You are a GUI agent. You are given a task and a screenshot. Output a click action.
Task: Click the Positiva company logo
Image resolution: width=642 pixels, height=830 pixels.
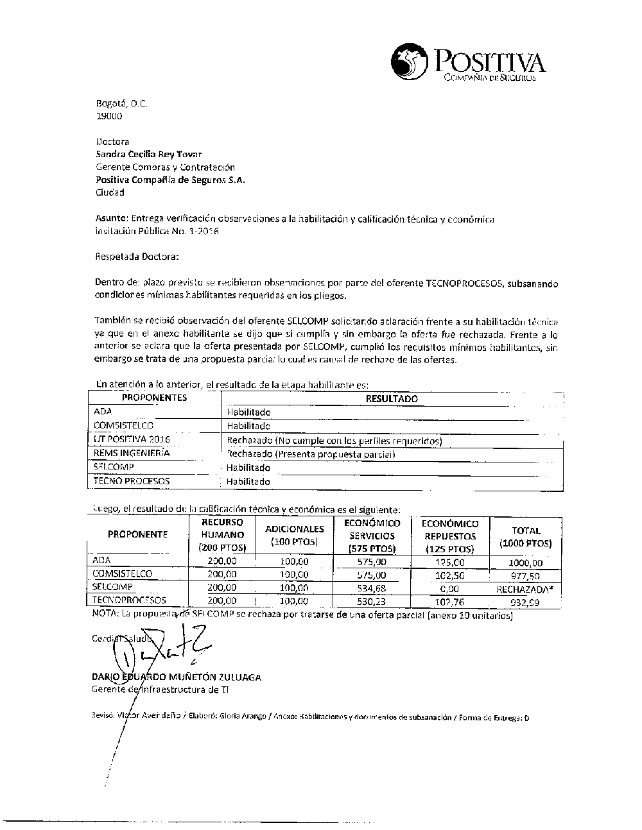coord(468,63)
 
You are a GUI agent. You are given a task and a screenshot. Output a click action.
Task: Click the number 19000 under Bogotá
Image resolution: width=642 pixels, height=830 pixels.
coord(108,116)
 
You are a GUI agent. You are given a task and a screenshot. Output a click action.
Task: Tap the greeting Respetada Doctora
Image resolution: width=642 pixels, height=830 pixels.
coord(137,257)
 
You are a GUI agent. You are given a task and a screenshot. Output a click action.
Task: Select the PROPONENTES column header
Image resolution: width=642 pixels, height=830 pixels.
coord(154,398)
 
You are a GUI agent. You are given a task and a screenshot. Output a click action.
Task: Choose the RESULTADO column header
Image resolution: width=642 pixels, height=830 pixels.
coord(391,398)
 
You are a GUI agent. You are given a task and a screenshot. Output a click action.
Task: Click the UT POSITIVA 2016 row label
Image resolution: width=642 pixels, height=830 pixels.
coord(132,439)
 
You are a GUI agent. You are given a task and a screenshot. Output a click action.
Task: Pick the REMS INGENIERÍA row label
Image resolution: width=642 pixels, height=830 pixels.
coord(132,453)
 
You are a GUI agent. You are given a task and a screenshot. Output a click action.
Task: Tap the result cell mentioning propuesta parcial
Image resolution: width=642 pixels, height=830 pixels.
coord(311,454)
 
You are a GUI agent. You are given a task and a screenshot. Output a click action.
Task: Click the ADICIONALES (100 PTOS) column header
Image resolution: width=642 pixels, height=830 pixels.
coord(294,535)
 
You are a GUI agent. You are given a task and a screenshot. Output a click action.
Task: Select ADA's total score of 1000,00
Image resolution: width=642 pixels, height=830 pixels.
coord(525,563)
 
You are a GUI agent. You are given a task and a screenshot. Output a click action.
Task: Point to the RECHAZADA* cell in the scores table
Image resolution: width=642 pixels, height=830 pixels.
coord(525,588)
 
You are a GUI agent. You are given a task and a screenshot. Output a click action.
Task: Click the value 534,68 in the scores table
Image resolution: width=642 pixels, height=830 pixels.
coord(372,588)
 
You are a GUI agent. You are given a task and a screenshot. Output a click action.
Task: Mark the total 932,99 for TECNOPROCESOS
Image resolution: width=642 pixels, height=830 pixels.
coord(525,602)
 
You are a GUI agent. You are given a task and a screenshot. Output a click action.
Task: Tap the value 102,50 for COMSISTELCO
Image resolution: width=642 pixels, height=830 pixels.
coord(449,575)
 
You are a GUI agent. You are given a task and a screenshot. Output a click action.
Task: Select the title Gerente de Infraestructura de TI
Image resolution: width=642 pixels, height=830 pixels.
coord(160,690)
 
